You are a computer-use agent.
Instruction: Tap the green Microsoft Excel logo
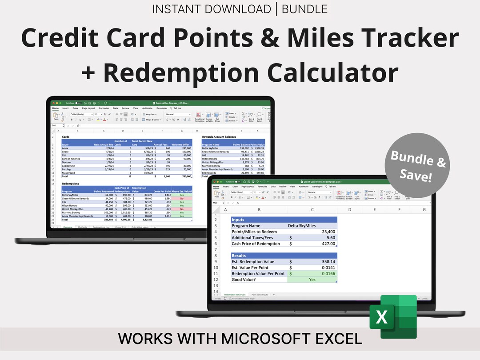[x=393, y=317]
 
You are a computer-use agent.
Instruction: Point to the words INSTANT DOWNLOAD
[x=211, y=9]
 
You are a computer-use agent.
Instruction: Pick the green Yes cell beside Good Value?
[x=312, y=280]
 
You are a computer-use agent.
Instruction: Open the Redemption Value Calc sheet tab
[x=236, y=295]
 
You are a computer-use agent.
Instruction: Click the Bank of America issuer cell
[x=71, y=158]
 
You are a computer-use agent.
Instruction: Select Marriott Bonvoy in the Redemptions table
[x=72, y=212]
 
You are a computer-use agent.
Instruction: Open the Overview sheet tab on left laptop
[x=67, y=227]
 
